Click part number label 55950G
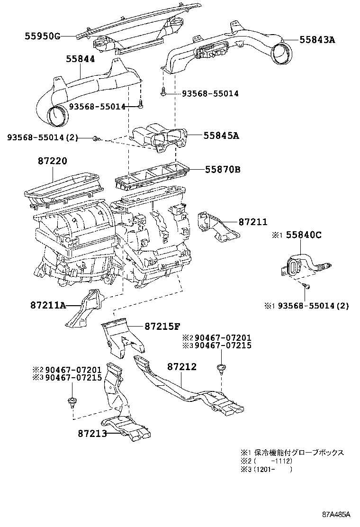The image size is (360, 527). click(x=43, y=36)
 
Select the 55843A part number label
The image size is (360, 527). click(x=317, y=40)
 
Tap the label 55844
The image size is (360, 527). click(x=80, y=59)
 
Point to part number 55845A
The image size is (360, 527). click(x=221, y=136)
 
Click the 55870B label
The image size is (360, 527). click(x=223, y=169)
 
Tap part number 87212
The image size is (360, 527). click(x=181, y=367)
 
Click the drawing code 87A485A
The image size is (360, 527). click(x=336, y=514)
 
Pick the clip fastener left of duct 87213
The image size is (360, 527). click(x=72, y=402)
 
